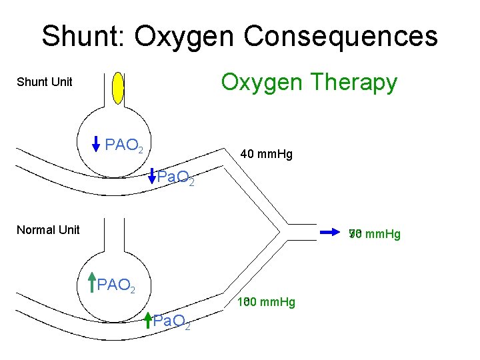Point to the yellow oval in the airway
tap(119, 87)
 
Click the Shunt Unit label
tap(44, 83)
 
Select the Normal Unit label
tap(48, 230)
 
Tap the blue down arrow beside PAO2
tap(96, 144)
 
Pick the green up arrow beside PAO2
tap(91, 283)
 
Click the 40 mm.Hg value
tap(267, 155)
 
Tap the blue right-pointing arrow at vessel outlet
tap(329, 232)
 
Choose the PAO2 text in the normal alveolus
tap(116, 287)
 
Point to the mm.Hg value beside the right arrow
tap(374, 233)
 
